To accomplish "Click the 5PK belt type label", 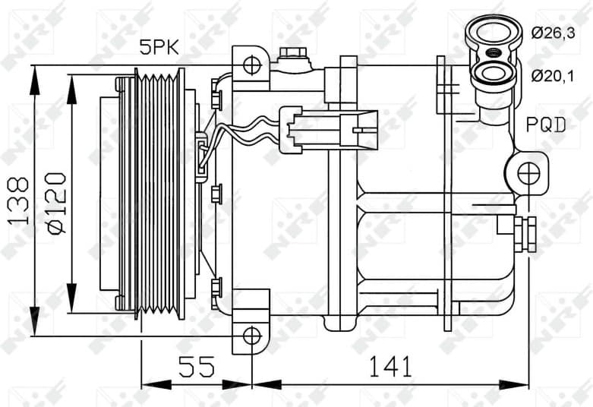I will tap(158, 47).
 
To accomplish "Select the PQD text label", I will tap(547, 125).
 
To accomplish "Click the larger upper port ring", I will tap(494, 33).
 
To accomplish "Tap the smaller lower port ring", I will tap(494, 74).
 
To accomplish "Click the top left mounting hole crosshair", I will tap(251, 65).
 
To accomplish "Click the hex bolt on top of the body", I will tap(292, 55).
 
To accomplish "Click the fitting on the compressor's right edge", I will tap(525, 234).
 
